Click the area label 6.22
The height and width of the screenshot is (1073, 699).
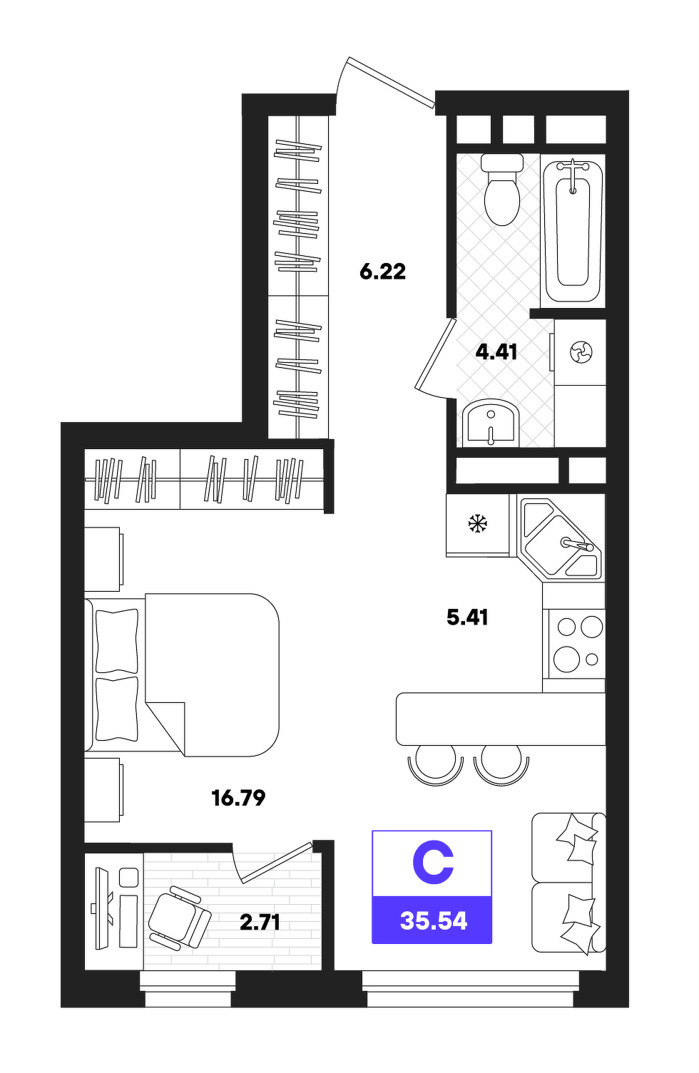(382, 272)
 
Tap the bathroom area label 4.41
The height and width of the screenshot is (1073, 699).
(496, 352)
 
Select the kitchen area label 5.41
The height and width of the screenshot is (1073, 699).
(467, 617)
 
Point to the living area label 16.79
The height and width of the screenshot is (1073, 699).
(238, 798)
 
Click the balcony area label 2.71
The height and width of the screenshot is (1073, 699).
(260, 922)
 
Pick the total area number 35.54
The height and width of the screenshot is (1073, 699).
(433, 920)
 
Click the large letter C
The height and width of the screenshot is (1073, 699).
(433, 863)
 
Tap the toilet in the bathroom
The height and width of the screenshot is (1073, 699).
(501, 189)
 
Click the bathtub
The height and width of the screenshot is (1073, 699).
(573, 231)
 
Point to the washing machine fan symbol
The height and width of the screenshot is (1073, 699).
(581, 352)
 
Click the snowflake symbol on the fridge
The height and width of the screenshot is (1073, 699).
(477, 523)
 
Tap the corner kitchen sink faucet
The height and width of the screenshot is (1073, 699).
(577, 545)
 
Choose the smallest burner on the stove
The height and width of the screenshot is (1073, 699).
(592, 659)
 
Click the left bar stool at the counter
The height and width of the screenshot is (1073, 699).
(436, 764)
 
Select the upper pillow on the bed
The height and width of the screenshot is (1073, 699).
(117, 641)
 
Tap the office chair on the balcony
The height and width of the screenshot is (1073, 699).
(180, 917)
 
